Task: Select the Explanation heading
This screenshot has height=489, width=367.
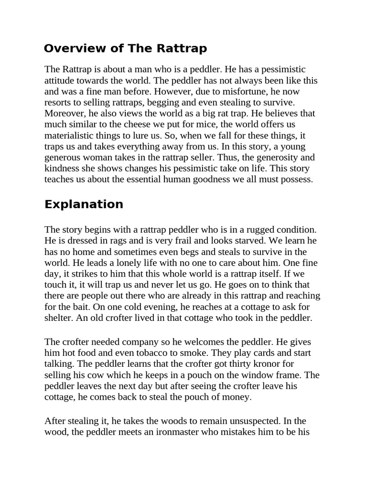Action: coord(84,204)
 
